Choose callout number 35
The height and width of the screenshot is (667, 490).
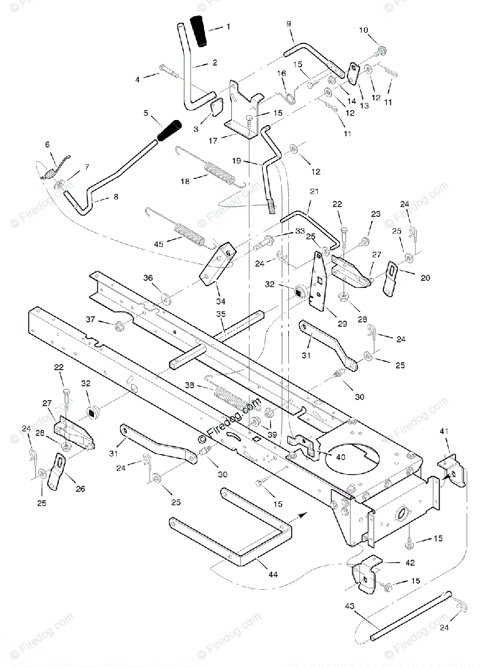(x=221, y=315)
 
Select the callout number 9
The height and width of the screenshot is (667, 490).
(x=288, y=23)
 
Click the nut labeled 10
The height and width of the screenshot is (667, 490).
(x=382, y=52)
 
